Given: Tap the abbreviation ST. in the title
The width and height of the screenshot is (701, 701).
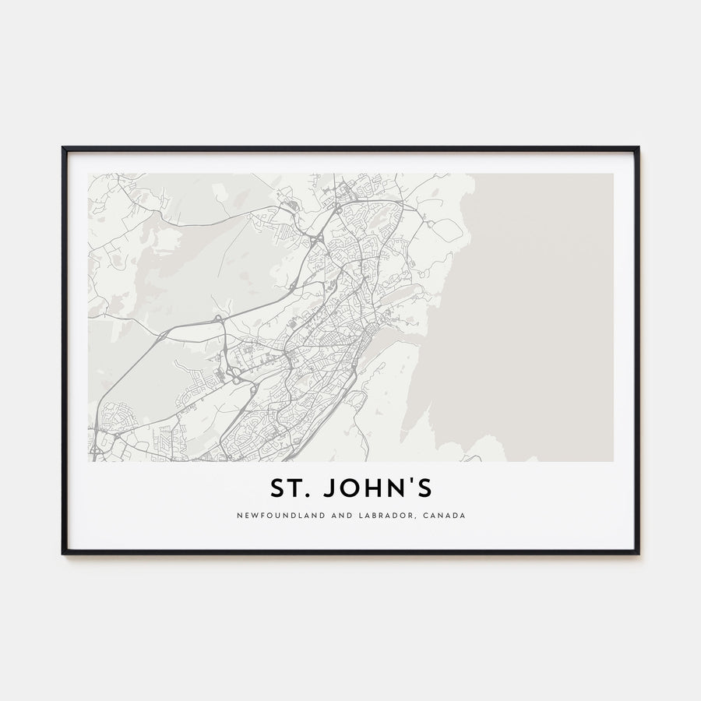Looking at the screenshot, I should coord(288,488).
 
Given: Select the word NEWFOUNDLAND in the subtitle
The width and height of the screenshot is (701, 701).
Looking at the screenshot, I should coord(272,515).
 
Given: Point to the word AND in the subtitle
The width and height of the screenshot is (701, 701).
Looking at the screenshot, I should coord(323,515).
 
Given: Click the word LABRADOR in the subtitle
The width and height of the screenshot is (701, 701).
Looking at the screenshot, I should coord(368,515).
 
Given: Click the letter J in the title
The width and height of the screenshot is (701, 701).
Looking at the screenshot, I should coord(329,488).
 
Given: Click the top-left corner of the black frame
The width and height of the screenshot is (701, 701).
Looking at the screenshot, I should coord(63,147).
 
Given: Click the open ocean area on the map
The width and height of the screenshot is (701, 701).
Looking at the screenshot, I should coord(537,312).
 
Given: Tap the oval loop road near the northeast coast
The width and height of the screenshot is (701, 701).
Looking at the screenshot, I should coord(446,230).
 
